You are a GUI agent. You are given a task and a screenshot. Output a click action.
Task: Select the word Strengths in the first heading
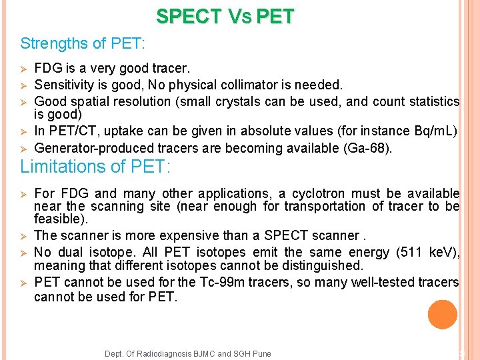(49, 44)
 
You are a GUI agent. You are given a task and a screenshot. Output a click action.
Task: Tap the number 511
(409, 252)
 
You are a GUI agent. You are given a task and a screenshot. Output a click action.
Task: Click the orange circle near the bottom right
(443, 315)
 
